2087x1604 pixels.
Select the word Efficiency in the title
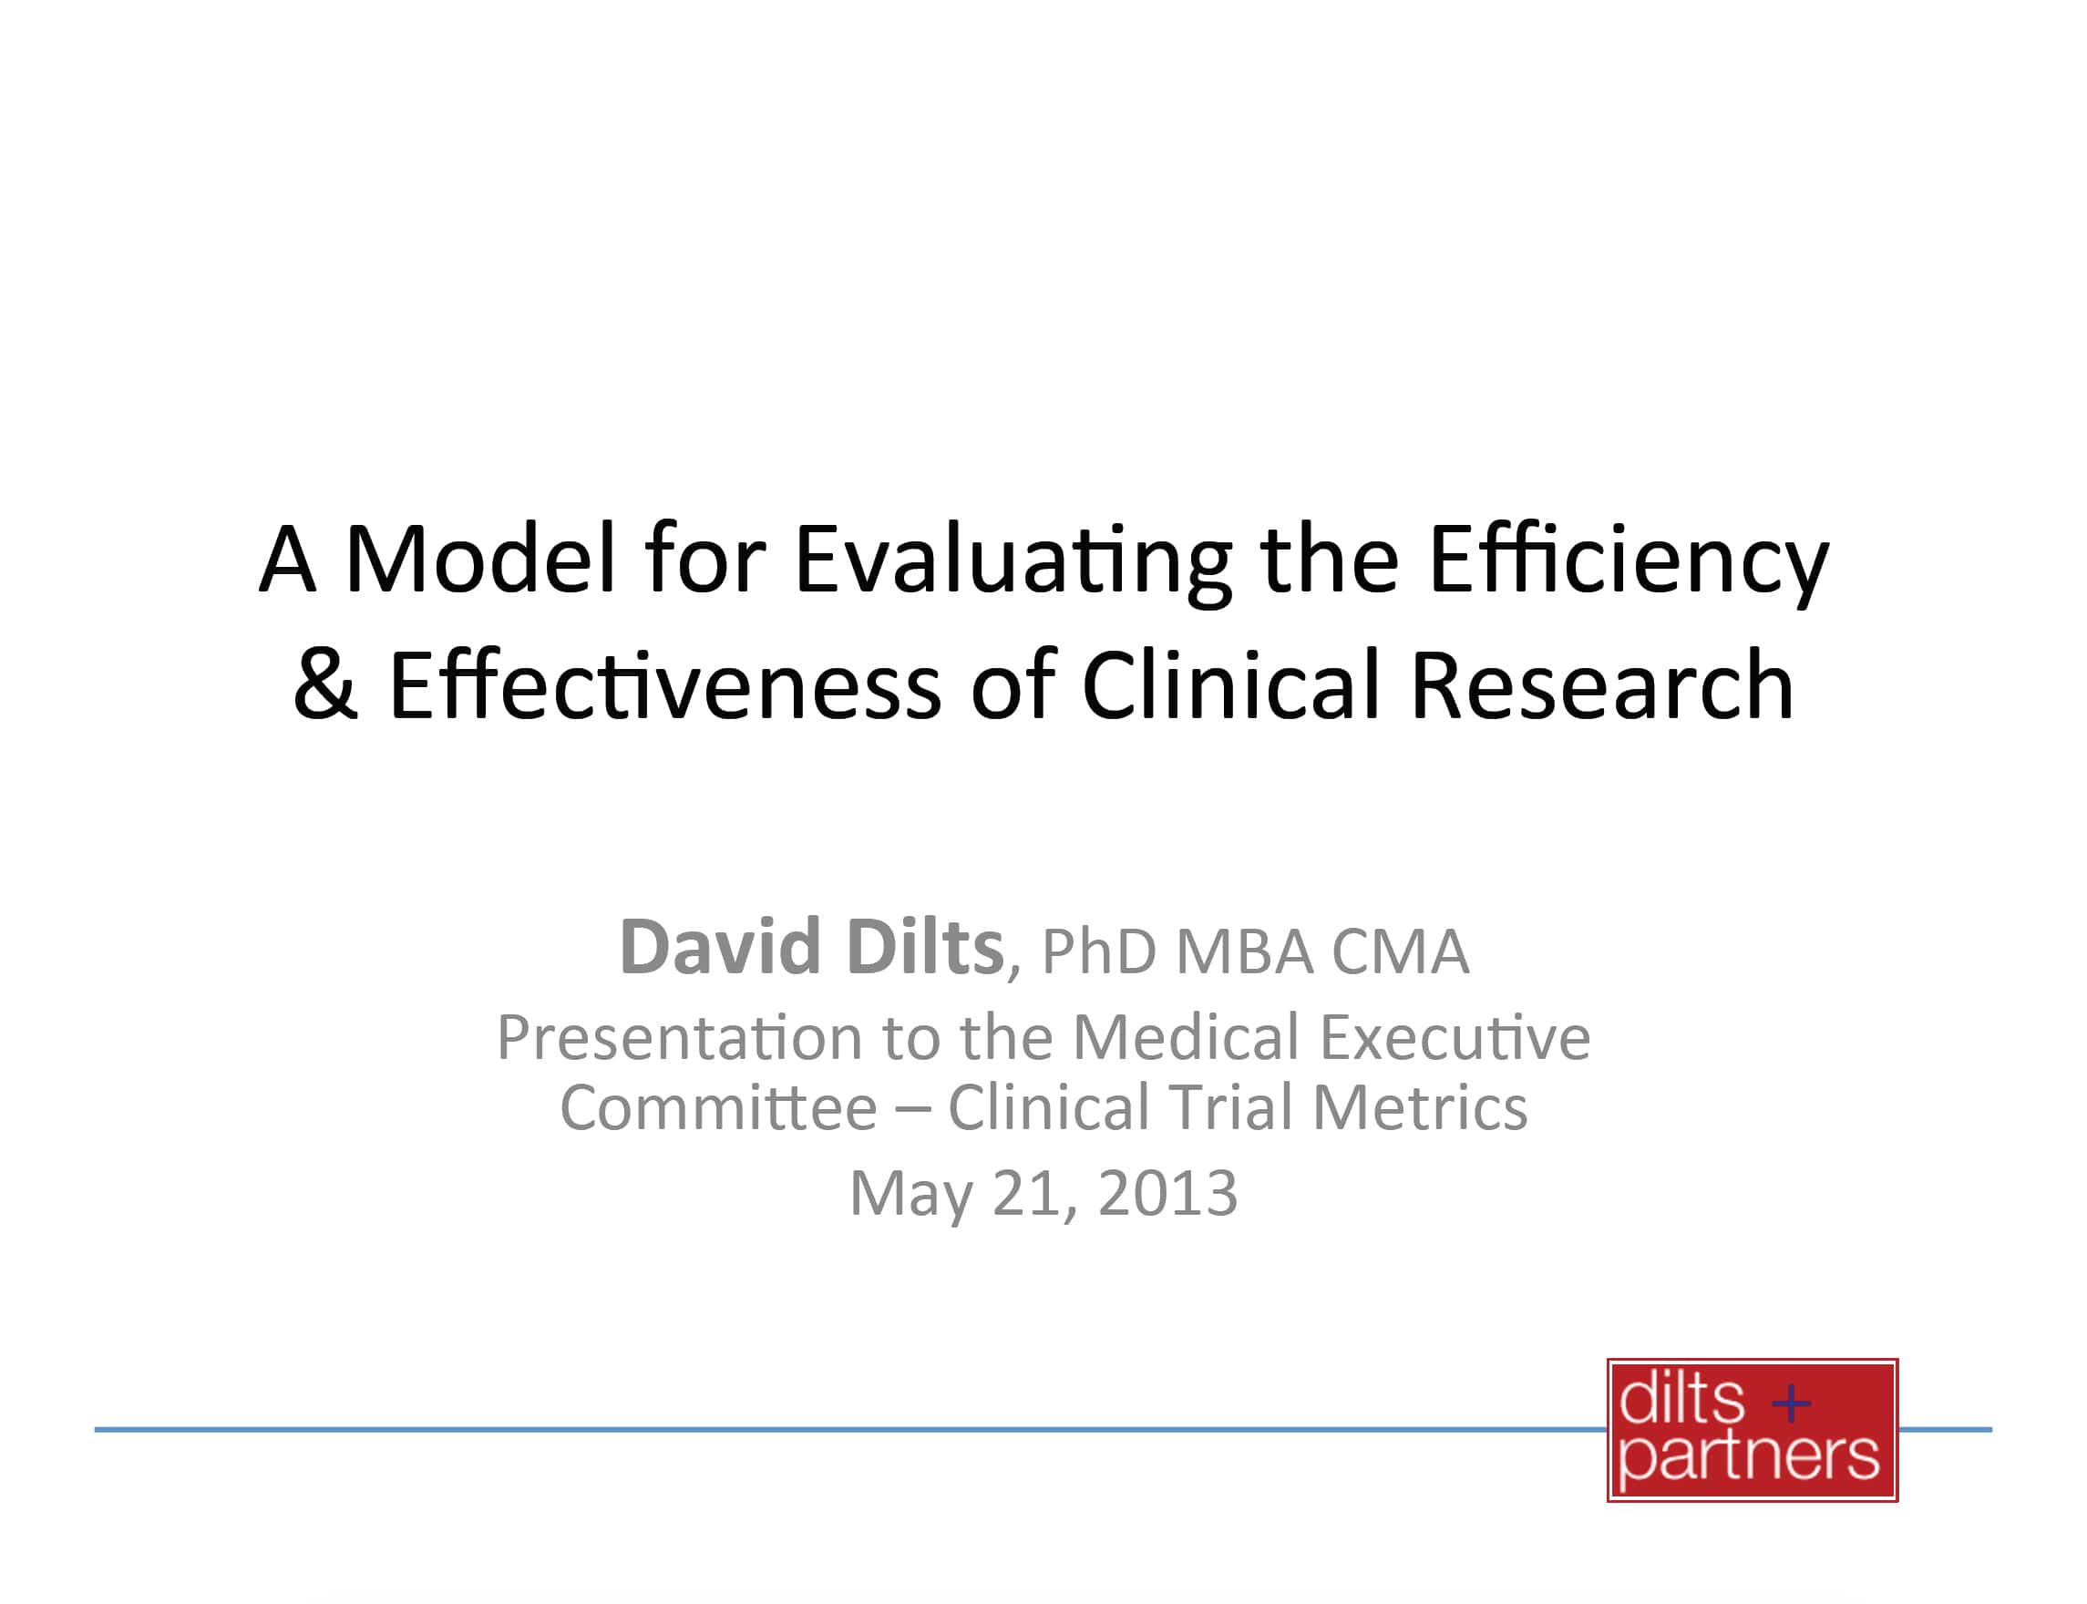tap(1628, 563)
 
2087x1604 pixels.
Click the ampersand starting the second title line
tap(324, 684)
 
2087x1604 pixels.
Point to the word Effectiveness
tap(665, 684)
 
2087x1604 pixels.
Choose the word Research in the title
tap(1601, 684)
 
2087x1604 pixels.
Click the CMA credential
tap(1400, 951)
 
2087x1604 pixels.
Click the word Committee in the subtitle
tap(718, 1107)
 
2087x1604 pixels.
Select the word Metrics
tap(1420, 1107)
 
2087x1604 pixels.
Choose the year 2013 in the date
tap(1167, 1194)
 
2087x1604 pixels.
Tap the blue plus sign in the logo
tap(1790, 1403)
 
